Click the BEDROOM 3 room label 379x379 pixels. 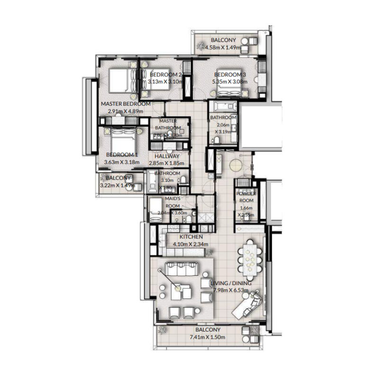click(230, 75)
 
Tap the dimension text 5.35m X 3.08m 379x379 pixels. click(230, 81)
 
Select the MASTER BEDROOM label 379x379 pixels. click(126, 104)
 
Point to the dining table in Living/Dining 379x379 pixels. click(251, 258)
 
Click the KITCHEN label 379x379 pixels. click(191, 237)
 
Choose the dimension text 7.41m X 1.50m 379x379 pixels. click(207, 337)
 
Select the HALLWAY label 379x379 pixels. click(166, 156)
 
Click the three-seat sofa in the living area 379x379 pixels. click(180, 270)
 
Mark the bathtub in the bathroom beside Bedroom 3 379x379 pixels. click(223, 107)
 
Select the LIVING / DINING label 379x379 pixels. click(231, 283)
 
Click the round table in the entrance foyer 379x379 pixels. click(235, 165)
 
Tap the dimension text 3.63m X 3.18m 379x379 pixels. click(121, 162)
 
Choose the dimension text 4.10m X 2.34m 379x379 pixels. click(191, 244)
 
